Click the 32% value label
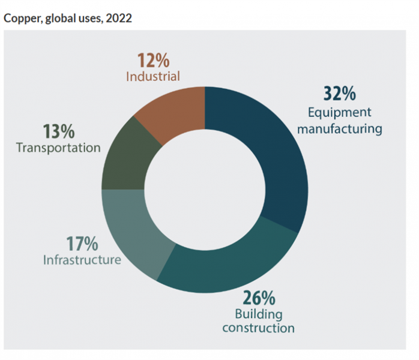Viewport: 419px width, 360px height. pyautogui.click(x=340, y=95)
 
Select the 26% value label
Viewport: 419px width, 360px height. pyautogui.click(x=259, y=298)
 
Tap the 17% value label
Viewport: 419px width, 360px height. pyautogui.click(x=83, y=245)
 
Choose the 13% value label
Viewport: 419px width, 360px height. pyautogui.click(x=59, y=131)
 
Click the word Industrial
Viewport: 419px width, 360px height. pyautogui.click(x=153, y=77)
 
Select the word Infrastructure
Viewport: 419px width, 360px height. pyautogui.click(x=82, y=260)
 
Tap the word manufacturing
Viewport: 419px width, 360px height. pyautogui.click(x=345, y=128)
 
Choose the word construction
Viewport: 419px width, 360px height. pyautogui.click(x=259, y=328)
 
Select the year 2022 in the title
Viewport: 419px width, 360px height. pyautogui.click(x=120, y=18)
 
